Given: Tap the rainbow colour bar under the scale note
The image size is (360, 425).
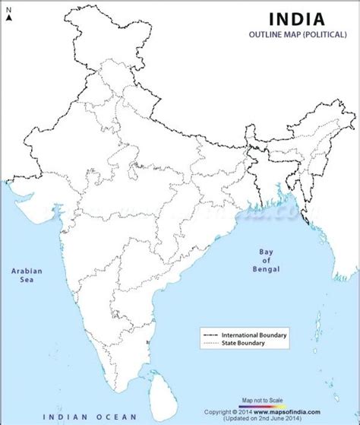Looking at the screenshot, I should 263,405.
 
